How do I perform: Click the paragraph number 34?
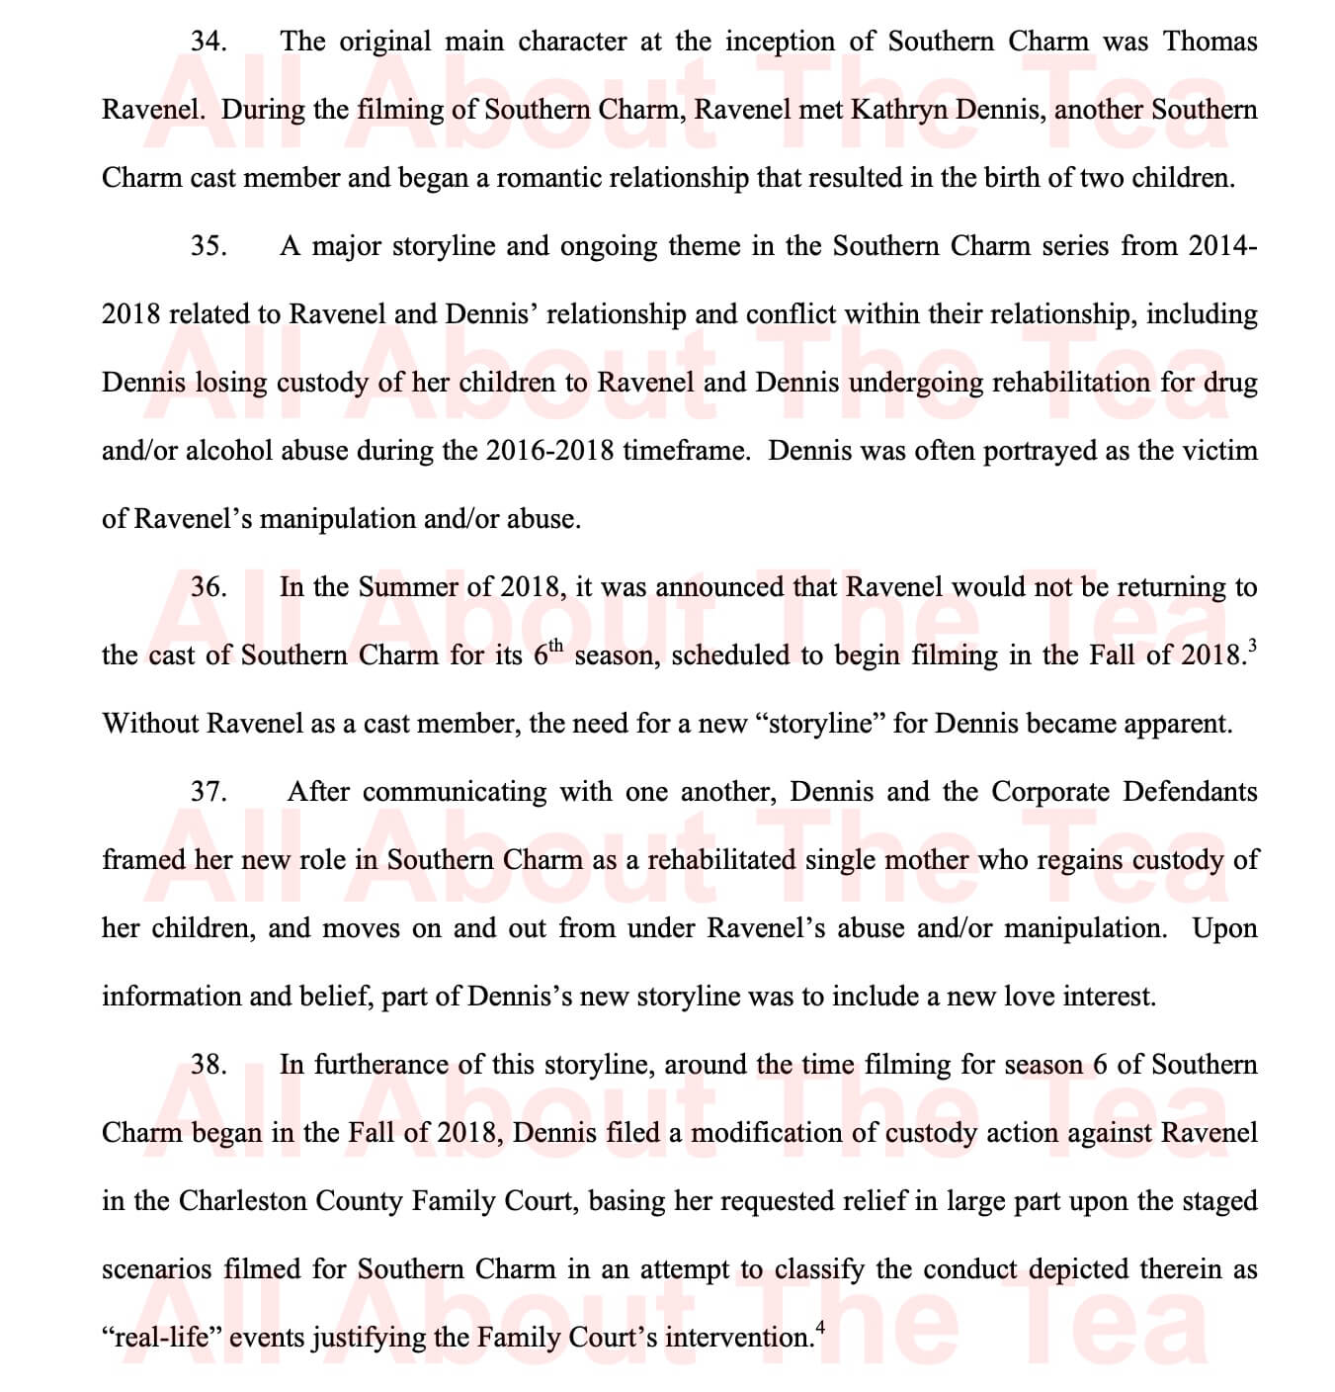click(209, 43)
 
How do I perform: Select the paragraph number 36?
click(209, 587)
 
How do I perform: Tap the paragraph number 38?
click(209, 1065)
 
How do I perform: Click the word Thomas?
click(1210, 43)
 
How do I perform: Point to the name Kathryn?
click(898, 110)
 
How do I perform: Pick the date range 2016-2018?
click(549, 451)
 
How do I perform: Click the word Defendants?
click(1191, 792)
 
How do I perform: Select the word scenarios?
click(156, 1269)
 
